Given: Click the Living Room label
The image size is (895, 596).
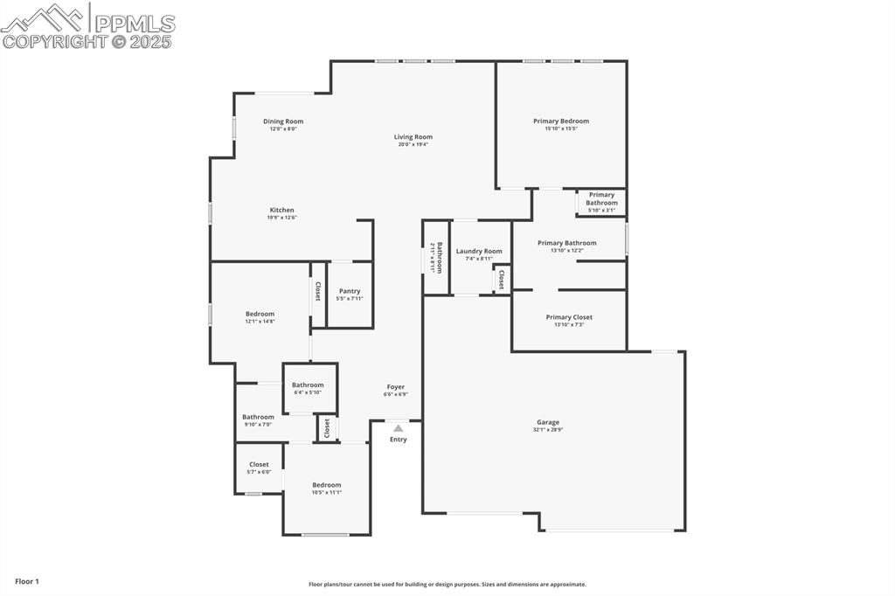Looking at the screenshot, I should click(x=413, y=136).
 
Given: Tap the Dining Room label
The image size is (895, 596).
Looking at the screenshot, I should click(x=283, y=121).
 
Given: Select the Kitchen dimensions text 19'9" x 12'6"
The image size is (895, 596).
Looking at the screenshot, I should click(x=281, y=218).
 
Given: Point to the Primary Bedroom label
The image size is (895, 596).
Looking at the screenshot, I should click(x=561, y=121).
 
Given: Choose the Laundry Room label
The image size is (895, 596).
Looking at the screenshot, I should click(x=479, y=251).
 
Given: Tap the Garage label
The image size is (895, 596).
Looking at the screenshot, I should click(x=548, y=422).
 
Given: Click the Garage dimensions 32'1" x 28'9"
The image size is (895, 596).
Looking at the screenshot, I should click(x=548, y=430).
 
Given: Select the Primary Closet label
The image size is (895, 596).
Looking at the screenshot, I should click(x=569, y=317).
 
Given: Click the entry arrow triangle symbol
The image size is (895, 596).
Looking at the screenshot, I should click(x=398, y=428).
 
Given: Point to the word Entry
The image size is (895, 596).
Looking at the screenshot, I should click(x=398, y=440).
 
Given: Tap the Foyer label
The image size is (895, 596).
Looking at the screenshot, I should click(x=395, y=386).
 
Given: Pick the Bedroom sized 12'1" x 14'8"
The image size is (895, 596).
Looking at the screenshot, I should click(x=260, y=317).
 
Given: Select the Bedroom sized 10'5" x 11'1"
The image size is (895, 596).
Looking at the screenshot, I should click(x=327, y=488).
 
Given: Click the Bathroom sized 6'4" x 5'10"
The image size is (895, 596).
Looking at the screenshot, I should click(x=308, y=388).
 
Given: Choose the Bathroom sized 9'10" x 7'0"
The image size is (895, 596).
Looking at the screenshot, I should click(x=258, y=419).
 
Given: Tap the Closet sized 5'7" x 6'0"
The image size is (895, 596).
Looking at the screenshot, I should click(x=259, y=468).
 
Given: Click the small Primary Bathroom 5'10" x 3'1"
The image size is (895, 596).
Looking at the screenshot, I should click(x=601, y=202).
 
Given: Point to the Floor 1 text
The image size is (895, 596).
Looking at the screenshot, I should click(x=27, y=581).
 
